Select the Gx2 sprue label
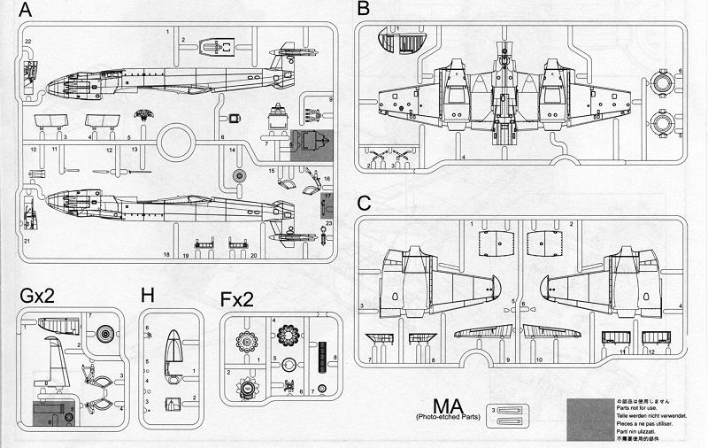(36, 295)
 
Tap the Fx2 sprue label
(237, 299)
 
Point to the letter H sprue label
(148, 295)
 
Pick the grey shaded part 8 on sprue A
(311, 143)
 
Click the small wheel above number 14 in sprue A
(238, 176)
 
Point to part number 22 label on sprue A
(28, 42)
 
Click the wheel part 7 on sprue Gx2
(105, 335)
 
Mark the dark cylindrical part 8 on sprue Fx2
(321, 352)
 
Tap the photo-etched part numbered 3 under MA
(512, 411)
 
